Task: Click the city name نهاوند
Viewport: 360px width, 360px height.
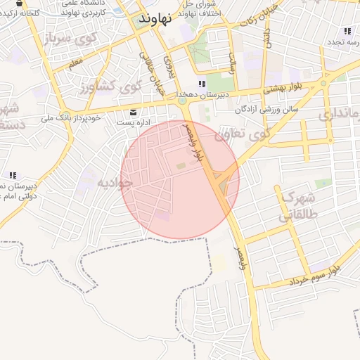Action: [155, 19]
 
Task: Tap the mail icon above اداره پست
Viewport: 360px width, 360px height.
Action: [134, 112]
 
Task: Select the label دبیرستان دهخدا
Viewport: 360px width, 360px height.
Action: [200, 94]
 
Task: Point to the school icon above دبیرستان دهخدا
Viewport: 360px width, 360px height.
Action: [202, 84]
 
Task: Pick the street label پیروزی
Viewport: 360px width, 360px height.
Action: [168, 65]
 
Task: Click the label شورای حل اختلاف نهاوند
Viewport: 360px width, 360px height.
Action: [200, 9]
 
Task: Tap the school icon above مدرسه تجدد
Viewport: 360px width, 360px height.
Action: [347, 31]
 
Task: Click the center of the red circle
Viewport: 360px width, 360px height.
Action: [180, 180]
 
